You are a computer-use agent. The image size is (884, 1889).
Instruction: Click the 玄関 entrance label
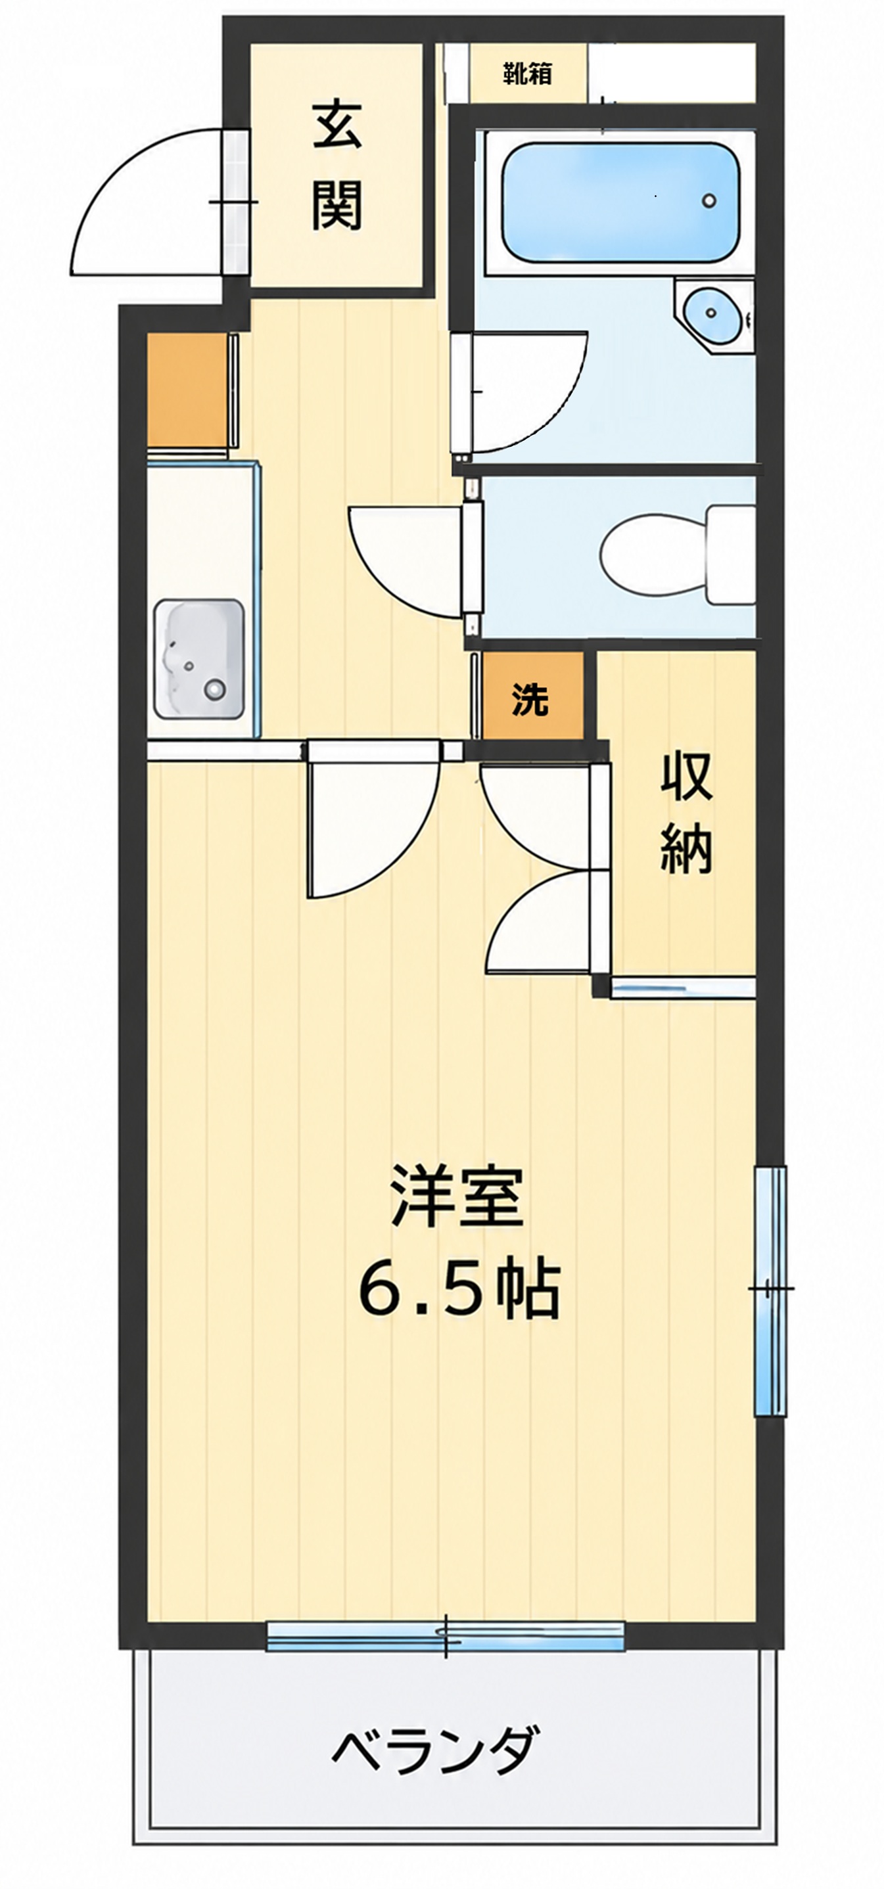[337, 166]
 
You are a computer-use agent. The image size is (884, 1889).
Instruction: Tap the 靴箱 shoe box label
[528, 74]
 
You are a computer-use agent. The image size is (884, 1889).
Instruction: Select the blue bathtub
[620, 202]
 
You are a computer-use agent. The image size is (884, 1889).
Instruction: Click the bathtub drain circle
[709, 200]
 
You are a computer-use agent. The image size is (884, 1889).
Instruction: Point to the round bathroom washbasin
[711, 313]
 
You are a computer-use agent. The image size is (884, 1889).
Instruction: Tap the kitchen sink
[198, 658]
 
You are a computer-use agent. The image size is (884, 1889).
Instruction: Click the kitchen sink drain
[216, 689]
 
